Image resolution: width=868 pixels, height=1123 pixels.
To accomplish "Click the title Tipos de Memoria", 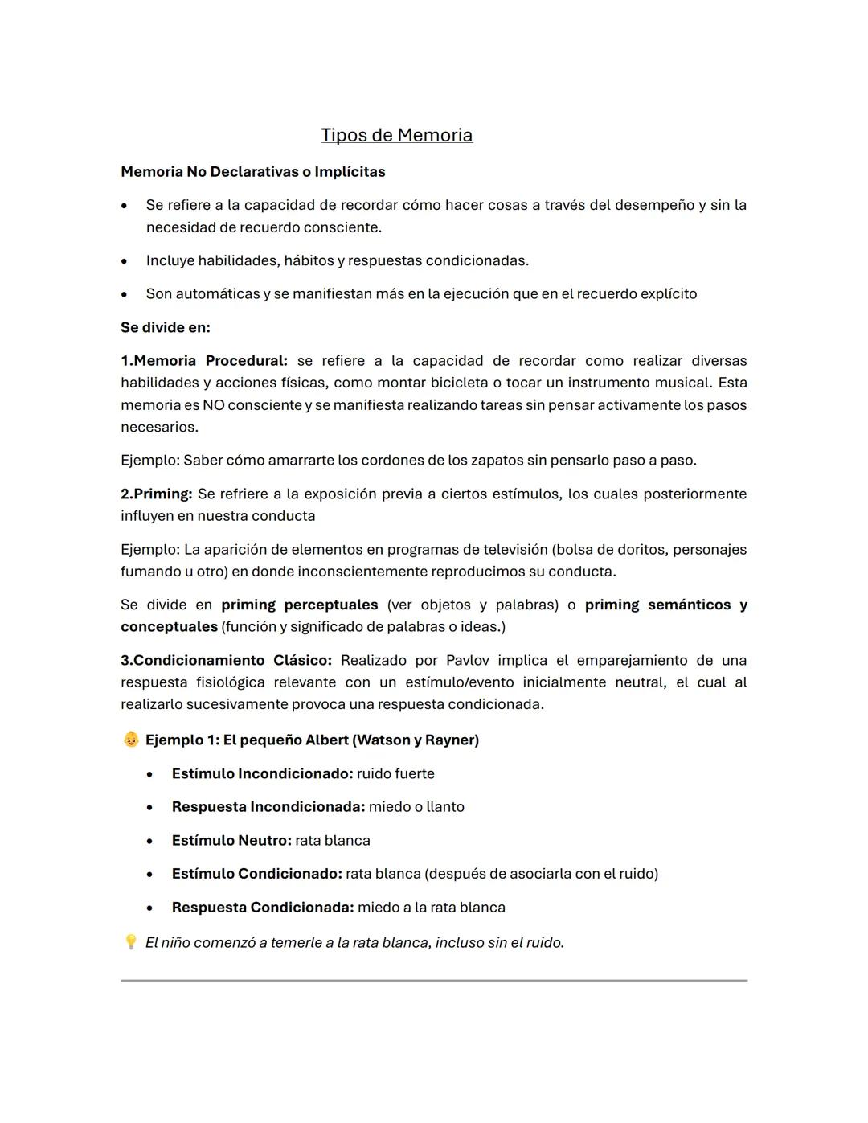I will [396, 135].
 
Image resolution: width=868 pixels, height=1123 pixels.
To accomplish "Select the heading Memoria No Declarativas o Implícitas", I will [252, 172].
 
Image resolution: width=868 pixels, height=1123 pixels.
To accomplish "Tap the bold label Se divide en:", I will [165, 327].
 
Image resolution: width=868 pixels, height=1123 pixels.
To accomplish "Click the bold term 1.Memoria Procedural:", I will [204, 361].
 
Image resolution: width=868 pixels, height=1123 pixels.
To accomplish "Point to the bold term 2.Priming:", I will [157, 494].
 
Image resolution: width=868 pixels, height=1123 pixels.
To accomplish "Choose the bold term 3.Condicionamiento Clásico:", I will [226, 660].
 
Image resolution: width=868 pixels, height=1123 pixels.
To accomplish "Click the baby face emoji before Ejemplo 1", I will [131, 740].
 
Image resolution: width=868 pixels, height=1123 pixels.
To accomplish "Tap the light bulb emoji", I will [130, 941].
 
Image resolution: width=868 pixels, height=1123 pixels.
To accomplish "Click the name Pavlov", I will [467, 660].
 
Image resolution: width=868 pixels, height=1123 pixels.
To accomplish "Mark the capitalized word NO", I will [213, 405].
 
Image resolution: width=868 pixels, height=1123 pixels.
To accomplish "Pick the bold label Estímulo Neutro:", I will [231, 841].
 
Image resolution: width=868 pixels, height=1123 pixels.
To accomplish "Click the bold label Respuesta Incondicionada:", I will [268, 807].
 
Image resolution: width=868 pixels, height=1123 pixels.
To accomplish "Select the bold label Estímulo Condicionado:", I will [256, 874].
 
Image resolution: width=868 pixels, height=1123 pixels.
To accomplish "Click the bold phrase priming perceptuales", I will [299, 605].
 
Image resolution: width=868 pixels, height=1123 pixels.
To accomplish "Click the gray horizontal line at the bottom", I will [434, 980].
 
